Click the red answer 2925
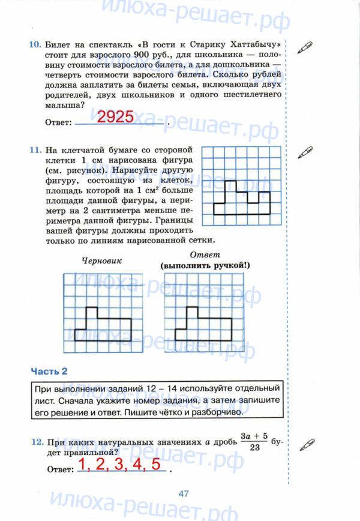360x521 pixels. pos(115,117)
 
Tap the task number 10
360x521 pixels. pos(34,44)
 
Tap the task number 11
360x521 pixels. pos(34,148)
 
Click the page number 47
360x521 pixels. pos(184,493)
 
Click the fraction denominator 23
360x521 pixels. pos(254,447)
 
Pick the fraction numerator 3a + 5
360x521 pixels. pos(254,435)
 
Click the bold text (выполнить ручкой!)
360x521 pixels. pos(204,265)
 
